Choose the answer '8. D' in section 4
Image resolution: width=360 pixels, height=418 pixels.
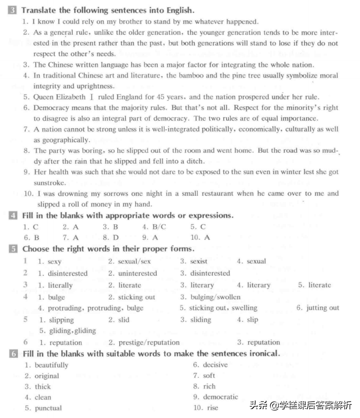[111, 238]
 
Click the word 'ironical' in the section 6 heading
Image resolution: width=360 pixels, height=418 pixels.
[261, 354]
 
